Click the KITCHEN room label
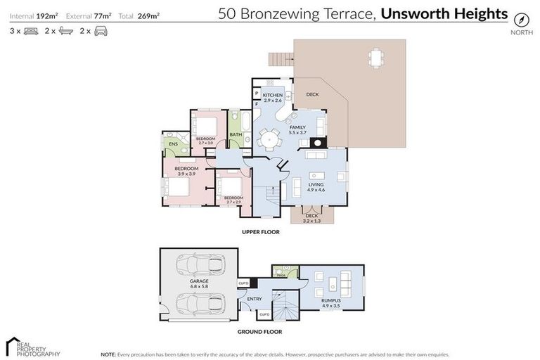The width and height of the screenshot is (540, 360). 273,95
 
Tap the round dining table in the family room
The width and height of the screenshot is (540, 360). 268,140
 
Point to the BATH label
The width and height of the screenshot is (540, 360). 236,134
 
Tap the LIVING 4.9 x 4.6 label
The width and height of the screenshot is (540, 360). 316,186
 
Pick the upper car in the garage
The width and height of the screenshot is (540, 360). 200,266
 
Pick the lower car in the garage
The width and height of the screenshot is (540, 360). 200,304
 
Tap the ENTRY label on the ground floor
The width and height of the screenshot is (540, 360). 255,299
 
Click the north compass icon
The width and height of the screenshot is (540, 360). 520,19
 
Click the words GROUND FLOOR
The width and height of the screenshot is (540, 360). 260,330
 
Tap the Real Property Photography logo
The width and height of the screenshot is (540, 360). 32,346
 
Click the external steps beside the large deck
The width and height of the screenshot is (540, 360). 279,63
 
